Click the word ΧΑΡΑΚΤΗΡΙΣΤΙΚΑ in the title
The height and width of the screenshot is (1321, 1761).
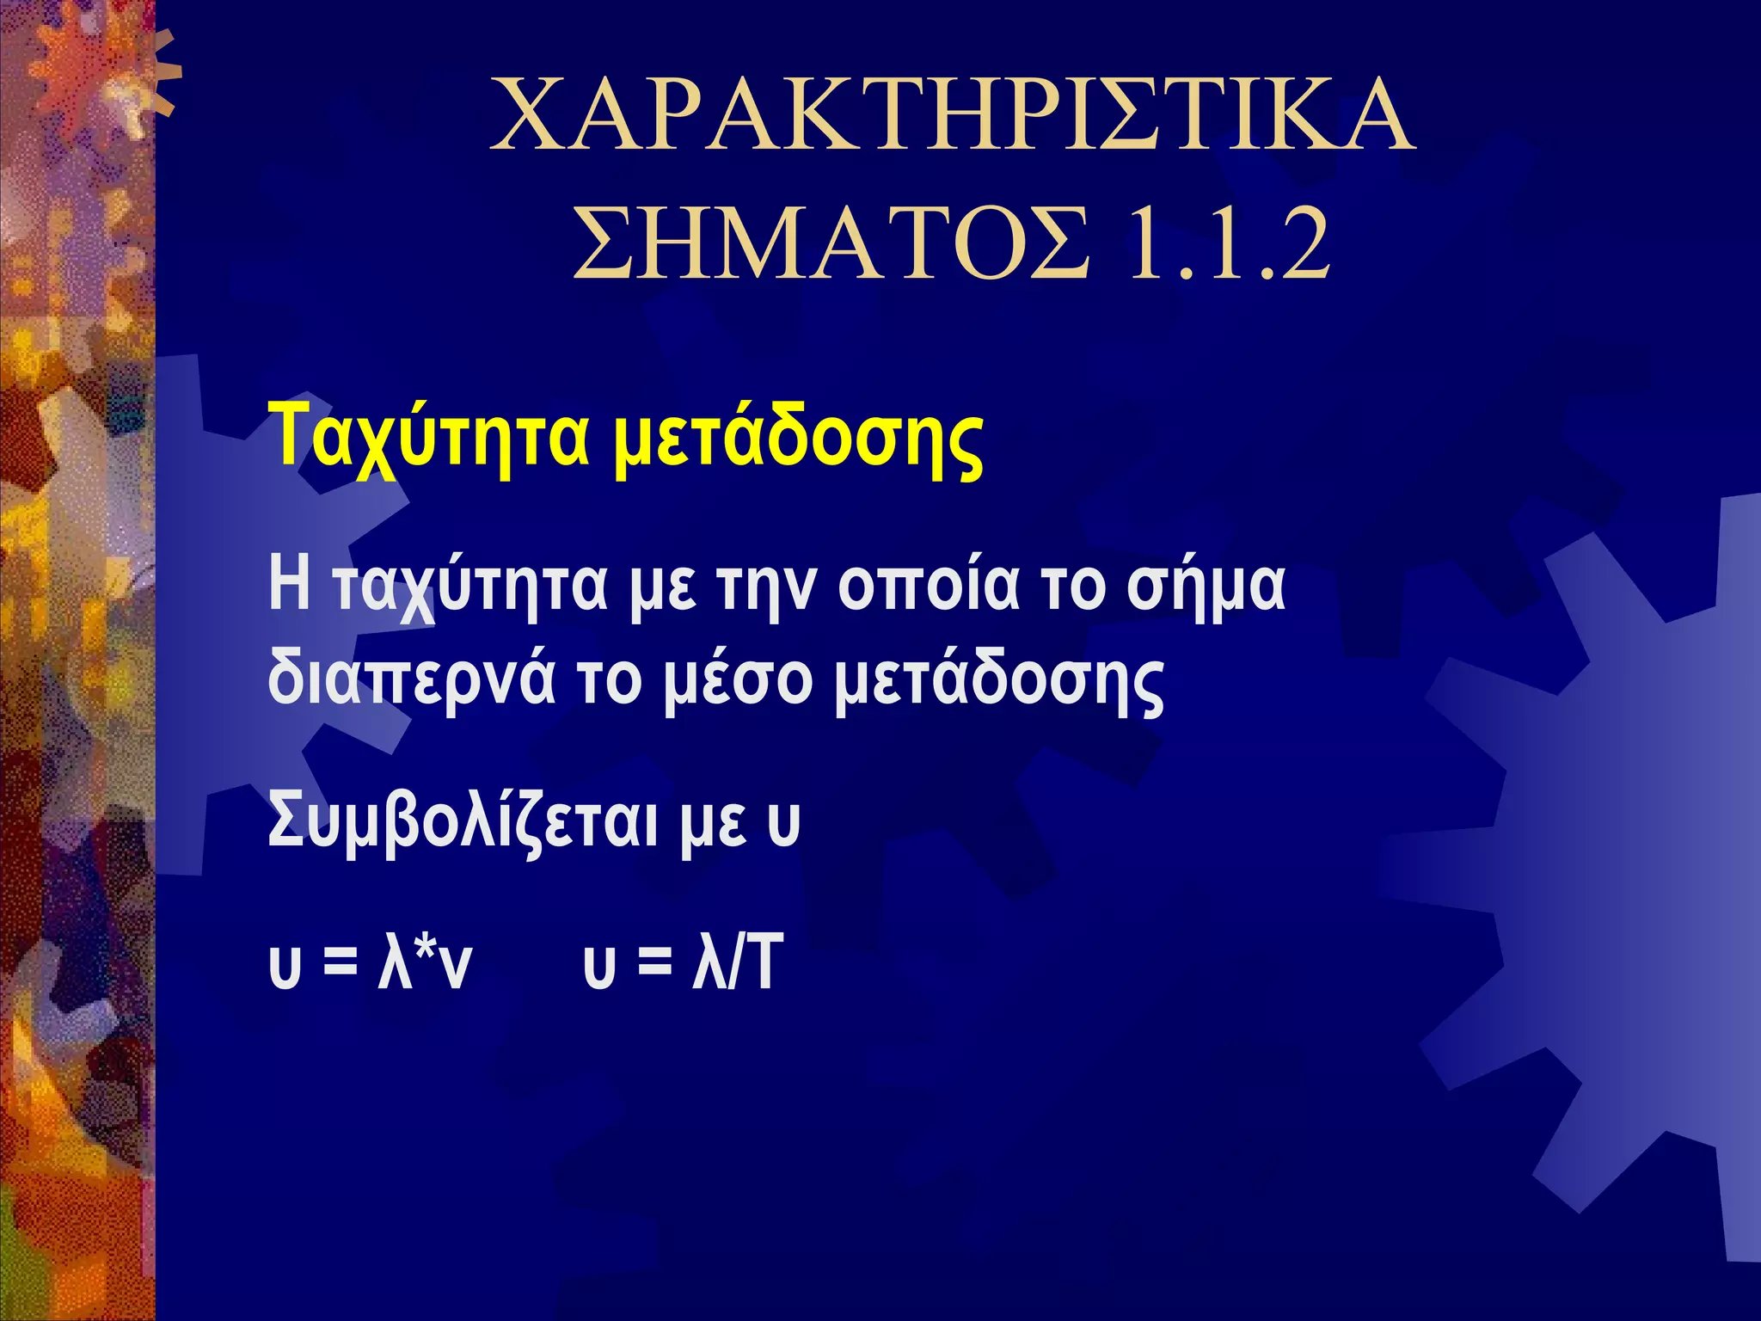point(951,115)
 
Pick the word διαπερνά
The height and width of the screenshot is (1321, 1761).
point(411,679)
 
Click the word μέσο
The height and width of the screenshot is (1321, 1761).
point(738,679)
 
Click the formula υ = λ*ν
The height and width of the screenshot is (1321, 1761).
point(370,964)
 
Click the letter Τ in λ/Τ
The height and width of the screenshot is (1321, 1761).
point(762,962)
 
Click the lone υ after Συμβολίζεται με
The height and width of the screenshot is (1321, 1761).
point(782,824)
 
